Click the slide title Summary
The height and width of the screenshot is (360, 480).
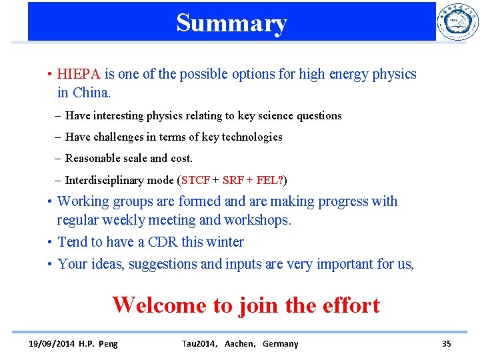pos(231,23)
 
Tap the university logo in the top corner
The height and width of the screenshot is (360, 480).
pos(457,23)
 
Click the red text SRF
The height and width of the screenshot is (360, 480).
pos(233,180)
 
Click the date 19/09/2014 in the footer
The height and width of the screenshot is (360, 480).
pos(51,344)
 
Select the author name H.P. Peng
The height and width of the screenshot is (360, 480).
pos(98,344)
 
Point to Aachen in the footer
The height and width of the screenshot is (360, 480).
pos(238,344)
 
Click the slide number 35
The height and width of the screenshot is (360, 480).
pos(446,344)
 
